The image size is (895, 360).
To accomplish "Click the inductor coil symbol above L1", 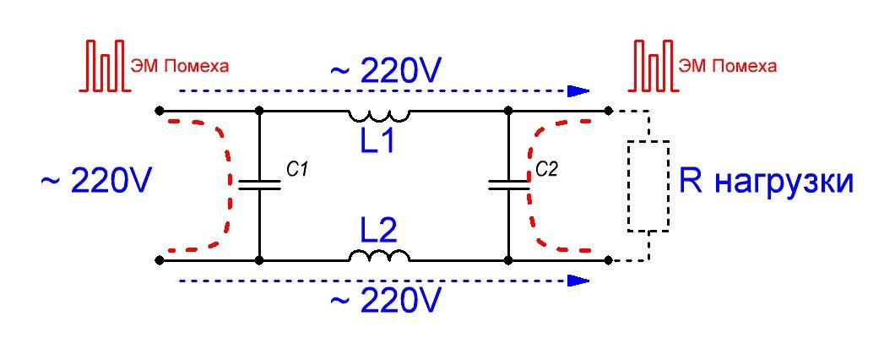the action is [380, 117].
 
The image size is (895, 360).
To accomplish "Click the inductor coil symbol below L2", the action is [380, 255].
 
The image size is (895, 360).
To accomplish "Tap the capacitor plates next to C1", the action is [259, 184].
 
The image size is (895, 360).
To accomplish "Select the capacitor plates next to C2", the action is [508, 184].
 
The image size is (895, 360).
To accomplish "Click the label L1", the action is [377, 141].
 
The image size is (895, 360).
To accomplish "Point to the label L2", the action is [377, 231].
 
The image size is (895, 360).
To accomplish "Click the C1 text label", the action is [298, 170].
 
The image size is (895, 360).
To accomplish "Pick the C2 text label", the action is [547, 170].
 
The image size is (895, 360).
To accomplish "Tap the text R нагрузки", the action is [767, 183].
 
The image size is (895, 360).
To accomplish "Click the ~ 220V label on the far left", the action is [96, 182].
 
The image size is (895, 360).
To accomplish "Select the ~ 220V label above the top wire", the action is [386, 71].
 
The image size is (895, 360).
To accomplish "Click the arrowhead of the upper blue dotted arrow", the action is [578, 90].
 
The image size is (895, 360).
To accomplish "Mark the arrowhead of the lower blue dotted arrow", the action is [578, 280].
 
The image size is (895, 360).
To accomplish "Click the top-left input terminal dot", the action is [160, 110].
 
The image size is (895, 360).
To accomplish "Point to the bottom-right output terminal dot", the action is [609, 260].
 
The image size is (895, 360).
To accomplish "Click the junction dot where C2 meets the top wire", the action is [508, 110].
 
